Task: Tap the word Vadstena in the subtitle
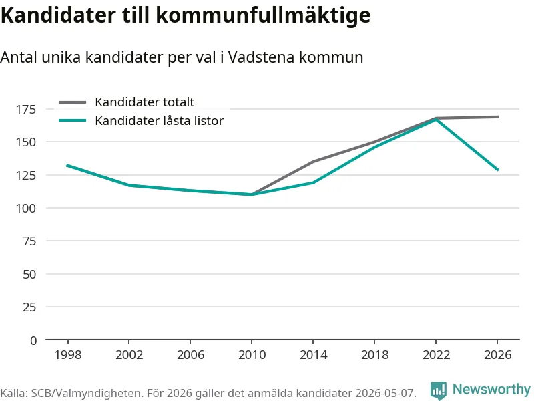coord(261,57)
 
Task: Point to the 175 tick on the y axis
coord(26,109)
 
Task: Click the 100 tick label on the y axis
coord(26,208)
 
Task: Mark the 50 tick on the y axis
coord(29,274)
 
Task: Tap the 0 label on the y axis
coord(33,340)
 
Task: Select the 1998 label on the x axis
coord(68,355)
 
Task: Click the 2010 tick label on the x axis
coord(252,355)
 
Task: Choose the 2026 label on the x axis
coord(497,355)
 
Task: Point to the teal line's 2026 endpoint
coord(498,170)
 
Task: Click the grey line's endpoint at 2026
coord(498,117)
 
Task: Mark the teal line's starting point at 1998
coord(67,165)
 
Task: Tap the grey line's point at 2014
coord(313,162)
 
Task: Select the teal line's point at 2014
coord(313,182)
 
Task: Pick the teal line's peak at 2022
coord(436,120)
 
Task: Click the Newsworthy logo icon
coord(439,390)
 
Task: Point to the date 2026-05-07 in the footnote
coord(385,393)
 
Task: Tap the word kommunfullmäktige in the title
coord(263,15)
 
